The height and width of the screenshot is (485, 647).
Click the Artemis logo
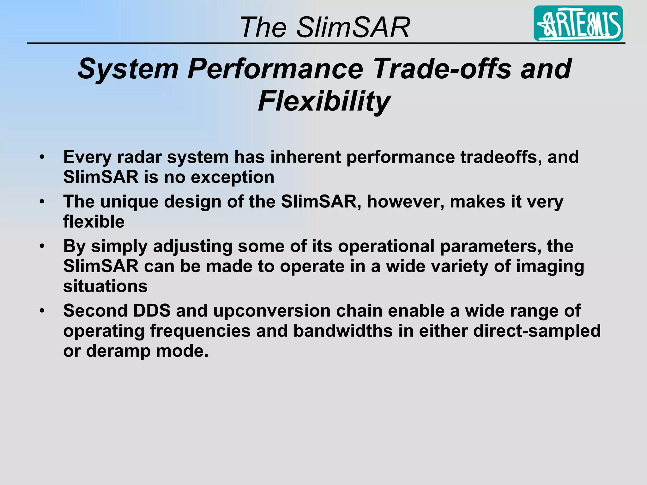pyautogui.click(x=578, y=23)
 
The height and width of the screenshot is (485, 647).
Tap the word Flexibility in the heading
pyautogui.click(x=324, y=101)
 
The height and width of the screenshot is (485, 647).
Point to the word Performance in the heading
pyautogui.click(x=275, y=69)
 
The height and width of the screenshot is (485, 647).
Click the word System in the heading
pyautogui.click(x=128, y=69)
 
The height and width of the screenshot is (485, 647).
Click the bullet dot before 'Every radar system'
pyautogui.click(x=42, y=157)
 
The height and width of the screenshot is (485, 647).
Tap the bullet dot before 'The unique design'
pyautogui.click(x=42, y=201)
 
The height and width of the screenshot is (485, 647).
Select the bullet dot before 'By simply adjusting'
pyautogui.click(x=42, y=246)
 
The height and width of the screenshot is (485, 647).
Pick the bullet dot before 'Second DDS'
pyautogui.click(x=42, y=311)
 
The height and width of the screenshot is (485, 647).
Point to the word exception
pyautogui.click(x=233, y=177)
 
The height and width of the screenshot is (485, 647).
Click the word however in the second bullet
pyautogui.click(x=406, y=201)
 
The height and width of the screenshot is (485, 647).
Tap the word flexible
pyautogui.click(x=94, y=221)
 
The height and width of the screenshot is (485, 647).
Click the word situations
pyautogui.click(x=105, y=286)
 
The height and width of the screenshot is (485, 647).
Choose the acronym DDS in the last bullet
pyautogui.click(x=152, y=311)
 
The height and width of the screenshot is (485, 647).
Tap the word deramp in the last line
pyautogui.click(x=118, y=351)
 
